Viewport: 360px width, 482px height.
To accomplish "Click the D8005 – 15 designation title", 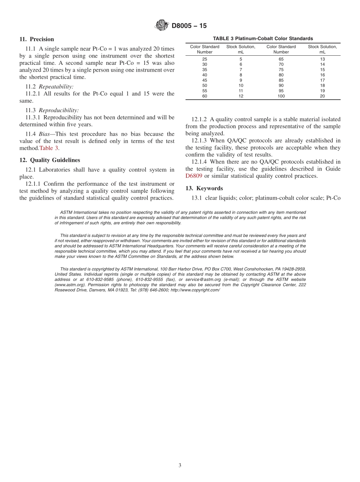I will click(x=189, y=26).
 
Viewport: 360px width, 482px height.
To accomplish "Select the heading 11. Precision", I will click(x=36, y=39).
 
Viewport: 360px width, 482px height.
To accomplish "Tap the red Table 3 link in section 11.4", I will click(x=49, y=148).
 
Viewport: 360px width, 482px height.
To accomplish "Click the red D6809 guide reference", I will click(x=194, y=176).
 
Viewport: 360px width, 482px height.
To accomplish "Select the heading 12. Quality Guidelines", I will click(x=50, y=160).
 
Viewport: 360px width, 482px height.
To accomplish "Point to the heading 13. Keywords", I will click(x=204, y=188).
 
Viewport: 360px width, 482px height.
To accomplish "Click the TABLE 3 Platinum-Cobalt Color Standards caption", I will click(x=263, y=39).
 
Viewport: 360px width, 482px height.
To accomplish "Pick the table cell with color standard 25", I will click(x=205, y=59).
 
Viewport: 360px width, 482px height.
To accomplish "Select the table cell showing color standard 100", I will click(x=281, y=96).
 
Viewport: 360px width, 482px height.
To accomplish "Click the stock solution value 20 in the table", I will click(x=322, y=96).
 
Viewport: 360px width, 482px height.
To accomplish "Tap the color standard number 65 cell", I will click(x=281, y=59).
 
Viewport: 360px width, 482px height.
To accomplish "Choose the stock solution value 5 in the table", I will click(x=241, y=59).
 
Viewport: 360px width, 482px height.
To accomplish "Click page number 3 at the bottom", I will click(x=180, y=465).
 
